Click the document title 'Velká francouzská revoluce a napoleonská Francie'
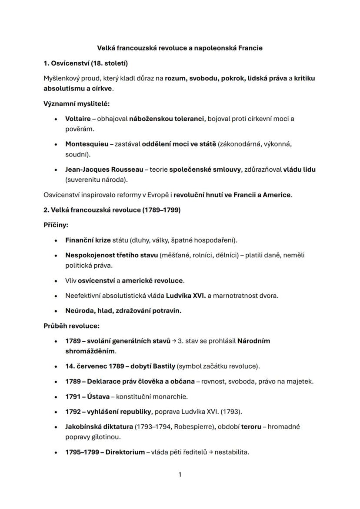[180, 48]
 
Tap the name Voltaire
[78, 119]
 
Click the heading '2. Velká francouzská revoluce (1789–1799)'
[112, 210]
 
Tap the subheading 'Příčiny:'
[56, 225]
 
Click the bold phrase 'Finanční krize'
[88, 240]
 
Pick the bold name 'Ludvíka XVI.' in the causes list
[187, 296]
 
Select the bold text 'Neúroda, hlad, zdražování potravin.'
[123, 311]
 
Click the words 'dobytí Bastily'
[154, 366]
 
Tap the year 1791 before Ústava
[73, 396]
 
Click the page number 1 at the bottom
[180, 475]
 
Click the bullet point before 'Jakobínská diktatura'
[56, 427]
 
